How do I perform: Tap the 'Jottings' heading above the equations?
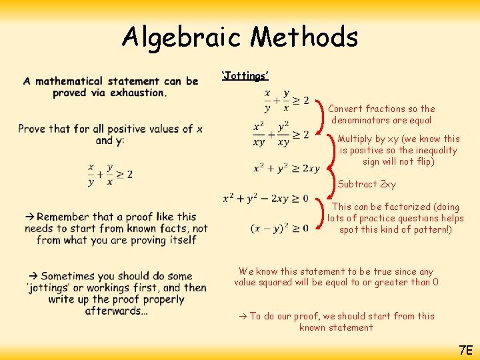click(x=245, y=75)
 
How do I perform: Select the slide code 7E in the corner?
click(x=465, y=349)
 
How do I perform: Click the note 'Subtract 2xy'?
click(x=367, y=184)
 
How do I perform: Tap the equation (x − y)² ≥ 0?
click(x=279, y=228)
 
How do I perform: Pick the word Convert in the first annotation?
click(x=345, y=109)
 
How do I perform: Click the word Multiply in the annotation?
click(x=357, y=139)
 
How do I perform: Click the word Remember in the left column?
click(x=65, y=217)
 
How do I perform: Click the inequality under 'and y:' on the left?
click(x=110, y=174)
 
